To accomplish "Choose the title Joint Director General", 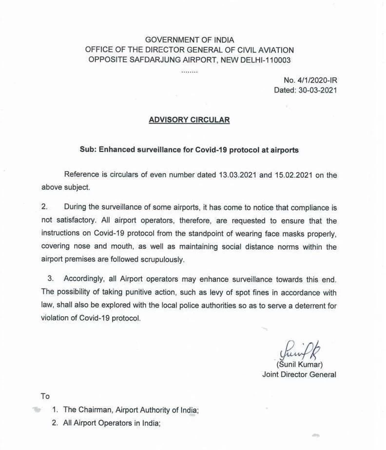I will pos(299,374).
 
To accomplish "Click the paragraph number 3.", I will pos(50,278).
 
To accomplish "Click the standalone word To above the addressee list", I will pos(45,396).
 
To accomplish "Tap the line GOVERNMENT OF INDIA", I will pos(189,40).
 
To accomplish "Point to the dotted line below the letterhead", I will pos(189,71).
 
